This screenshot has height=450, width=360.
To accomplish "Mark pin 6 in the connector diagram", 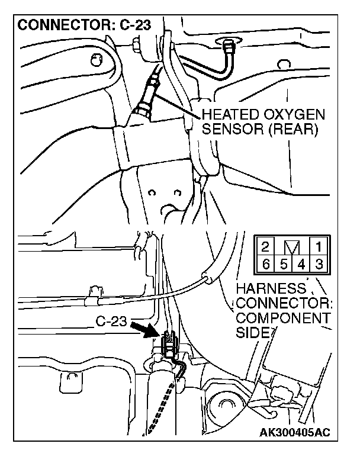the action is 265,262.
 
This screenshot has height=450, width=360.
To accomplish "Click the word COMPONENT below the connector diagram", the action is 282,318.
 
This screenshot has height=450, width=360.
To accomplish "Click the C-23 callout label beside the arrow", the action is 111,322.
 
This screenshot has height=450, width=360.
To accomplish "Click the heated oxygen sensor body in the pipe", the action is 144,107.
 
